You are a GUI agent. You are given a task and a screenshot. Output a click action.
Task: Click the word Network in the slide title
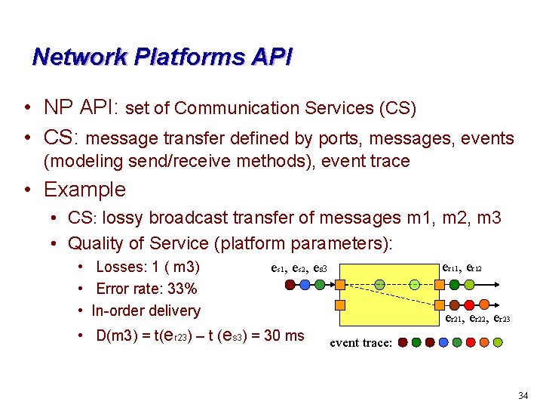75,57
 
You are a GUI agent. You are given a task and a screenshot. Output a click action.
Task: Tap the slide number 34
523,396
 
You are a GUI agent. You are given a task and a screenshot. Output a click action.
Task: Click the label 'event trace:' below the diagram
361,342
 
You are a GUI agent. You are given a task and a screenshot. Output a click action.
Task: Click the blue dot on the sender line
304,285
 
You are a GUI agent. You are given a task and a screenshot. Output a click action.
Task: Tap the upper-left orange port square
340,285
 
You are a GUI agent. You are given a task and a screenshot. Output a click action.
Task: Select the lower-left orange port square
340,305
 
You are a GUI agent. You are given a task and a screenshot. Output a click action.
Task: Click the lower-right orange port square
438,305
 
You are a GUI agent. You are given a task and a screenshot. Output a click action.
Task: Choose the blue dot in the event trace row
443,342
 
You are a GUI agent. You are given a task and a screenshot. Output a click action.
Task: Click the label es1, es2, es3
298,268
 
